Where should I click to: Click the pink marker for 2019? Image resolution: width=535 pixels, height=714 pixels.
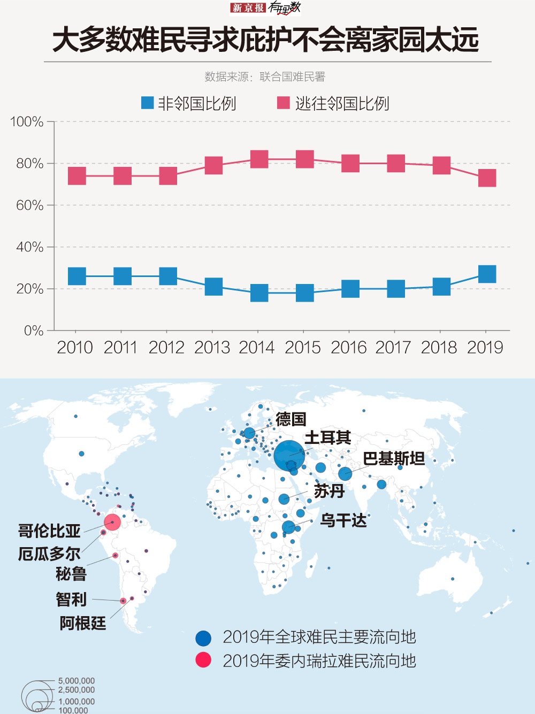pos(487,178)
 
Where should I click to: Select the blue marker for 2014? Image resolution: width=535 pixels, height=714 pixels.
pos(259,293)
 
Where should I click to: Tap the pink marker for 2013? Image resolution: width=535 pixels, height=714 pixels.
pos(213,165)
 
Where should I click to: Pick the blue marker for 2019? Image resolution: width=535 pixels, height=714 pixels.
pos(487,274)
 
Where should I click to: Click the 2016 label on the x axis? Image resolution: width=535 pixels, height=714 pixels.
pos(348,348)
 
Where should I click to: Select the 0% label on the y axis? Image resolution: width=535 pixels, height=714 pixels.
pos(33,331)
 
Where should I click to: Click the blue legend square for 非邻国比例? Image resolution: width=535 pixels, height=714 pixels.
pos(147,103)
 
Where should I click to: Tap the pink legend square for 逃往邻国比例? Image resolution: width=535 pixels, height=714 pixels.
pos(283,103)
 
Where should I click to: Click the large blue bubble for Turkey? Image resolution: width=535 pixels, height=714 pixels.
pos(289,456)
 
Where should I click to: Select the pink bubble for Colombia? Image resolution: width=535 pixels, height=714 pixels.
pos(112,521)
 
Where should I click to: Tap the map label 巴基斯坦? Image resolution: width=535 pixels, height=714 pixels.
pos(394,459)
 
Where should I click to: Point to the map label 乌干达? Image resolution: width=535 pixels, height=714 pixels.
pos(343,520)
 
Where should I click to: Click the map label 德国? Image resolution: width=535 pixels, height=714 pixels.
pos(291,419)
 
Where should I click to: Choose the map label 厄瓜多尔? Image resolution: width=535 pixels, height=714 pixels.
pos(49,554)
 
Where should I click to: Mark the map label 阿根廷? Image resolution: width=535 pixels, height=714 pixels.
pos(82,623)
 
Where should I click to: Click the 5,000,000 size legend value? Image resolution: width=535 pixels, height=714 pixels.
pos(77,681)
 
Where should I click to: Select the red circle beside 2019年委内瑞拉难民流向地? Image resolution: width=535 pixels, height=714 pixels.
pos(203,660)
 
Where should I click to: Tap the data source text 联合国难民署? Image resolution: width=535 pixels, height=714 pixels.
pos(292,77)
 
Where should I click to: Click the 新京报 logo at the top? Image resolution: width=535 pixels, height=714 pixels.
pos(248,7)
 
